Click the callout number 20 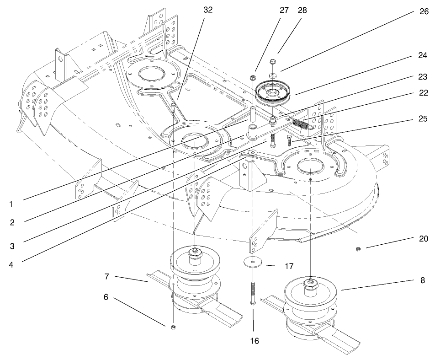coord(423,239)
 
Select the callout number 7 coord(106,277)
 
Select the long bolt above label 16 coord(252,293)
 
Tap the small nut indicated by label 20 coord(359,249)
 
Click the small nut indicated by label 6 coord(173,327)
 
